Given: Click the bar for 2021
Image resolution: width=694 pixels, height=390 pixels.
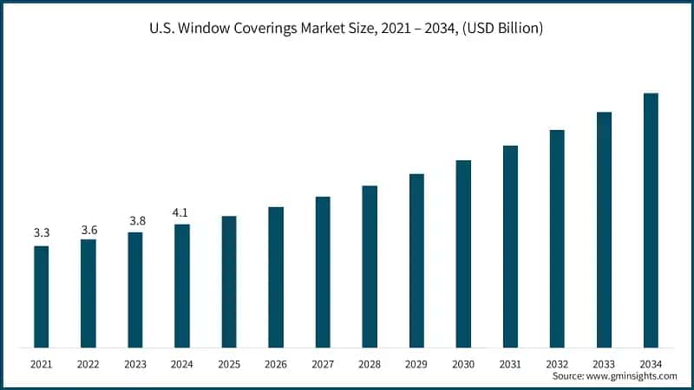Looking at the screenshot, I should [x=42, y=296].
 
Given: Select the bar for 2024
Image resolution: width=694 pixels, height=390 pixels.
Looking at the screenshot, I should [x=182, y=286].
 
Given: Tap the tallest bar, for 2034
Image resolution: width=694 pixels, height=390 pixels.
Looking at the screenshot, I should [x=651, y=220].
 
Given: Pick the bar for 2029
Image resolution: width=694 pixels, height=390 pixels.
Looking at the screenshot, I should [x=416, y=261].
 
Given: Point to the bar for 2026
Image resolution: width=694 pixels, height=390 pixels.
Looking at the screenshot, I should [x=276, y=277].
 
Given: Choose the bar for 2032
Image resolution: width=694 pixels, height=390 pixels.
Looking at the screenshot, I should [x=557, y=239].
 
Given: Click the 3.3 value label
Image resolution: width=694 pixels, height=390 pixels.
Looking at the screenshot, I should [x=42, y=233].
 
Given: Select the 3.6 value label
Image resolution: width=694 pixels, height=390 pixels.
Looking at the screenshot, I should [x=88, y=229].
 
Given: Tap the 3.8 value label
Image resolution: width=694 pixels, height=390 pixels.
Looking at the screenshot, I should [x=135, y=221].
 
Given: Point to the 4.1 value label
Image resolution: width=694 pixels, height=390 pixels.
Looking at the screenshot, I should [x=182, y=211].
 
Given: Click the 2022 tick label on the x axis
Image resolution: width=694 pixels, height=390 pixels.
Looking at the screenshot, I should [x=88, y=364].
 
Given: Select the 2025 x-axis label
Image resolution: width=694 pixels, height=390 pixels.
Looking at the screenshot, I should [x=229, y=364].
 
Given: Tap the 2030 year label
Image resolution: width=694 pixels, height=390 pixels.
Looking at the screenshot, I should [x=463, y=364].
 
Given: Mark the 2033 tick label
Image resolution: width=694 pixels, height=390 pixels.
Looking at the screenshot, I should [x=604, y=364].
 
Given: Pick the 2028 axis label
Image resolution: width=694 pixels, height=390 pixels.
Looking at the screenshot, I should [x=370, y=364].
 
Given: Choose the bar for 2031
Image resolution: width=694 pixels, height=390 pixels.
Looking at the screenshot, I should [x=510, y=247].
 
